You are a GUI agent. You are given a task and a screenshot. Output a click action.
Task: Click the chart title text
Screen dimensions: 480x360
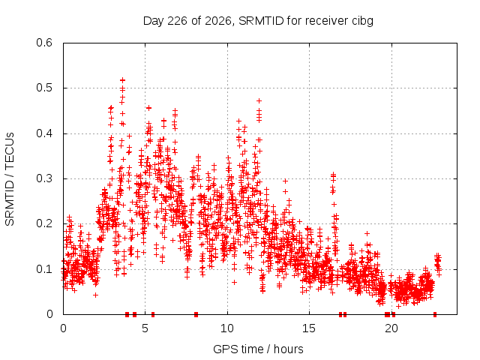pyautogui.click(x=258, y=21)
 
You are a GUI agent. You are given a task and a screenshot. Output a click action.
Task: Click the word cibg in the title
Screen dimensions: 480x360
pyautogui.click(x=362, y=21)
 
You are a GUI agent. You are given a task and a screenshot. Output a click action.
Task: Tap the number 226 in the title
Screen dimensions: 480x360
pyautogui.click(x=178, y=21)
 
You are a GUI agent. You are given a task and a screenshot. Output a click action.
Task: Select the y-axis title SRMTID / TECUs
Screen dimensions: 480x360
pyautogui.click(x=10, y=179)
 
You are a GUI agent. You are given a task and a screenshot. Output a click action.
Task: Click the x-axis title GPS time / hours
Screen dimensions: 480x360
pyautogui.click(x=258, y=349)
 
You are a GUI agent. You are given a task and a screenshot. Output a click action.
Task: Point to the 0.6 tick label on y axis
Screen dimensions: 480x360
pyautogui.click(x=44, y=43)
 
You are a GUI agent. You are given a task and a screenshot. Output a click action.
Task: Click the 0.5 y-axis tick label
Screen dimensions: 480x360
pyautogui.click(x=44, y=88)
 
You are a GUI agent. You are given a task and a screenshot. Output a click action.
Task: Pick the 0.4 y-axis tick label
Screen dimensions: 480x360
pyautogui.click(x=44, y=133)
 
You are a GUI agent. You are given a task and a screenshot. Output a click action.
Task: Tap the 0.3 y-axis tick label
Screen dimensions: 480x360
pyautogui.click(x=44, y=178)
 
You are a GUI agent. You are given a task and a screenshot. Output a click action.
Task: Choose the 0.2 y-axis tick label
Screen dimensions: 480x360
pyautogui.click(x=44, y=223)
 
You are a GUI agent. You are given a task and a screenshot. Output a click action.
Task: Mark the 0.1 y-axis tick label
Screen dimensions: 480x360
pyautogui.click(x=44, y=269)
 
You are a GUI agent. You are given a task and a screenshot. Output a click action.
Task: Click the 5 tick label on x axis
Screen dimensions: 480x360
pyautogui.click(x=145, y=328)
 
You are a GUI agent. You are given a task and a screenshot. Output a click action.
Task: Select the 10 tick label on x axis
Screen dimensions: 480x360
pyautogui.click(x=227, y=328)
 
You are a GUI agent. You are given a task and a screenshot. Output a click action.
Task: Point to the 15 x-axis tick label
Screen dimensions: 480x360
pyautogui.click(x=309, y=328)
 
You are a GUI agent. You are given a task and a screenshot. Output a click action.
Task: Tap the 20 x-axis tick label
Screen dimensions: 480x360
pyautogui.click(x=391, y=328)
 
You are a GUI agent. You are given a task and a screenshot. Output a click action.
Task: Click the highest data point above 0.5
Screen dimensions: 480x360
pyautogui.click(x=123, y=80)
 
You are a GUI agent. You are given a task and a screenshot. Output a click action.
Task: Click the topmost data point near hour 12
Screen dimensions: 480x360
pyautogui.click(x=259, y=100)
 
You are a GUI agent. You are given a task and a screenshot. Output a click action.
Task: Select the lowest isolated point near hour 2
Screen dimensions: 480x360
pyautogui.click(x=95, y=295)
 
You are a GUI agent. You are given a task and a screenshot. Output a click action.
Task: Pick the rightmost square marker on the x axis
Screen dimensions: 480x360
pyautogui.click(x=435, y=314)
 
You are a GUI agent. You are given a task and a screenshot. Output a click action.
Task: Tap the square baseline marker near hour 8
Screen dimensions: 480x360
pyautogui.click(x=196, y=314)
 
